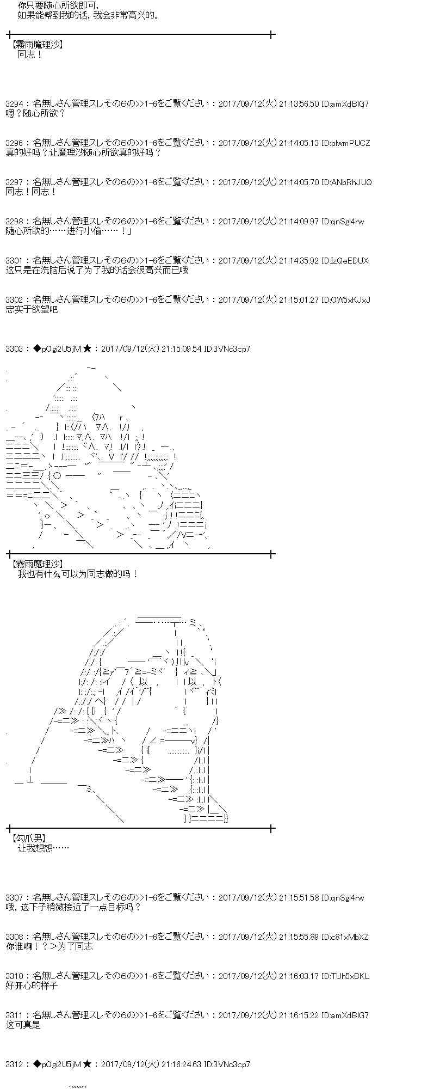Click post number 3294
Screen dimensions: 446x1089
[15, 103]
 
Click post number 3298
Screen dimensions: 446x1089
[15, 221]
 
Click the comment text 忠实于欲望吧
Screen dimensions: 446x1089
[32, 309]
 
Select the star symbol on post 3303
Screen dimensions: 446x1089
[87, 348]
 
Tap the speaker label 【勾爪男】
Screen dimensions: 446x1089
[28, 839]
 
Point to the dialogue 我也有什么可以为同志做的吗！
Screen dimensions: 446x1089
[78, 574]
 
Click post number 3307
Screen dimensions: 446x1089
[15, 897]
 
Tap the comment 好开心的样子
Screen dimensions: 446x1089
[32, 986]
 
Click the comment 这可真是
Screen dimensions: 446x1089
[23, 1025]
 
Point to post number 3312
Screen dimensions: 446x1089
[15, 1064]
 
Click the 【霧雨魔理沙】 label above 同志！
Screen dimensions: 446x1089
[36, 45]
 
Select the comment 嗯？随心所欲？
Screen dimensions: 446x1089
[35, 113]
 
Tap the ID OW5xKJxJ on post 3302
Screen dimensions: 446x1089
[346, 299]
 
